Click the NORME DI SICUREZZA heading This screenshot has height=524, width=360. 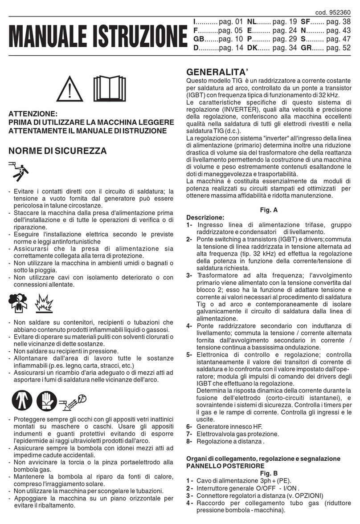(x=57, y=151)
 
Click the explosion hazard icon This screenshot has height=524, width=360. (x=42, y=302)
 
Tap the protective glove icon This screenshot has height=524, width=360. (x=46, y=399)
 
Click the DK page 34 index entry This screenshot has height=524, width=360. (x=272, y=49)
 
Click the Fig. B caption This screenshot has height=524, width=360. (x=268, y=473)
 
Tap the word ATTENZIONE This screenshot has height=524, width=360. (x=33, y=114)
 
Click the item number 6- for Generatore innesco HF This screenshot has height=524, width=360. (x=189, y=426)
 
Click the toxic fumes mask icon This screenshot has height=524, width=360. (x=18, y=302)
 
